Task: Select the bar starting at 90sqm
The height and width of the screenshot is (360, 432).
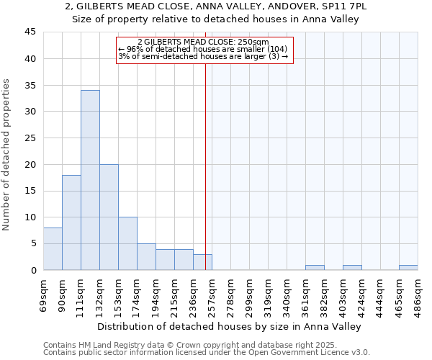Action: pos(71,222)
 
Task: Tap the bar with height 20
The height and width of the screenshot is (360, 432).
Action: pos(109,217)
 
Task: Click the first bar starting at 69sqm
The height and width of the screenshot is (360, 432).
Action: pos(53,249)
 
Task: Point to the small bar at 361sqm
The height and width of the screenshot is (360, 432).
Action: pos(315,267)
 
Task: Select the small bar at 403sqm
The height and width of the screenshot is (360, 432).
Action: pos(352,267)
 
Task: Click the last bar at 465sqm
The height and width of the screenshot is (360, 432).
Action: pos(408,267)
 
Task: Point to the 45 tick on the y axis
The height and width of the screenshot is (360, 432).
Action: pos(30,32)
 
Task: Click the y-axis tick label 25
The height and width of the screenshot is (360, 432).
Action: pos(30,138)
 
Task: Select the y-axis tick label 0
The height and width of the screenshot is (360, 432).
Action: pos(33,270)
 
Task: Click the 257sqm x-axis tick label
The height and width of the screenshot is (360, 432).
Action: pos(212,292)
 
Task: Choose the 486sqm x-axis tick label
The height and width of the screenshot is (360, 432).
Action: pos(418,292)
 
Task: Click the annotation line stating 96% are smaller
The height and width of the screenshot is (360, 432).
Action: pos(204,49)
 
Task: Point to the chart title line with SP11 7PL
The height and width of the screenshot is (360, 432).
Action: pos(216,6)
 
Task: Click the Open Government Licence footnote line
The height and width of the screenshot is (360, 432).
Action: pos(207,353)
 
